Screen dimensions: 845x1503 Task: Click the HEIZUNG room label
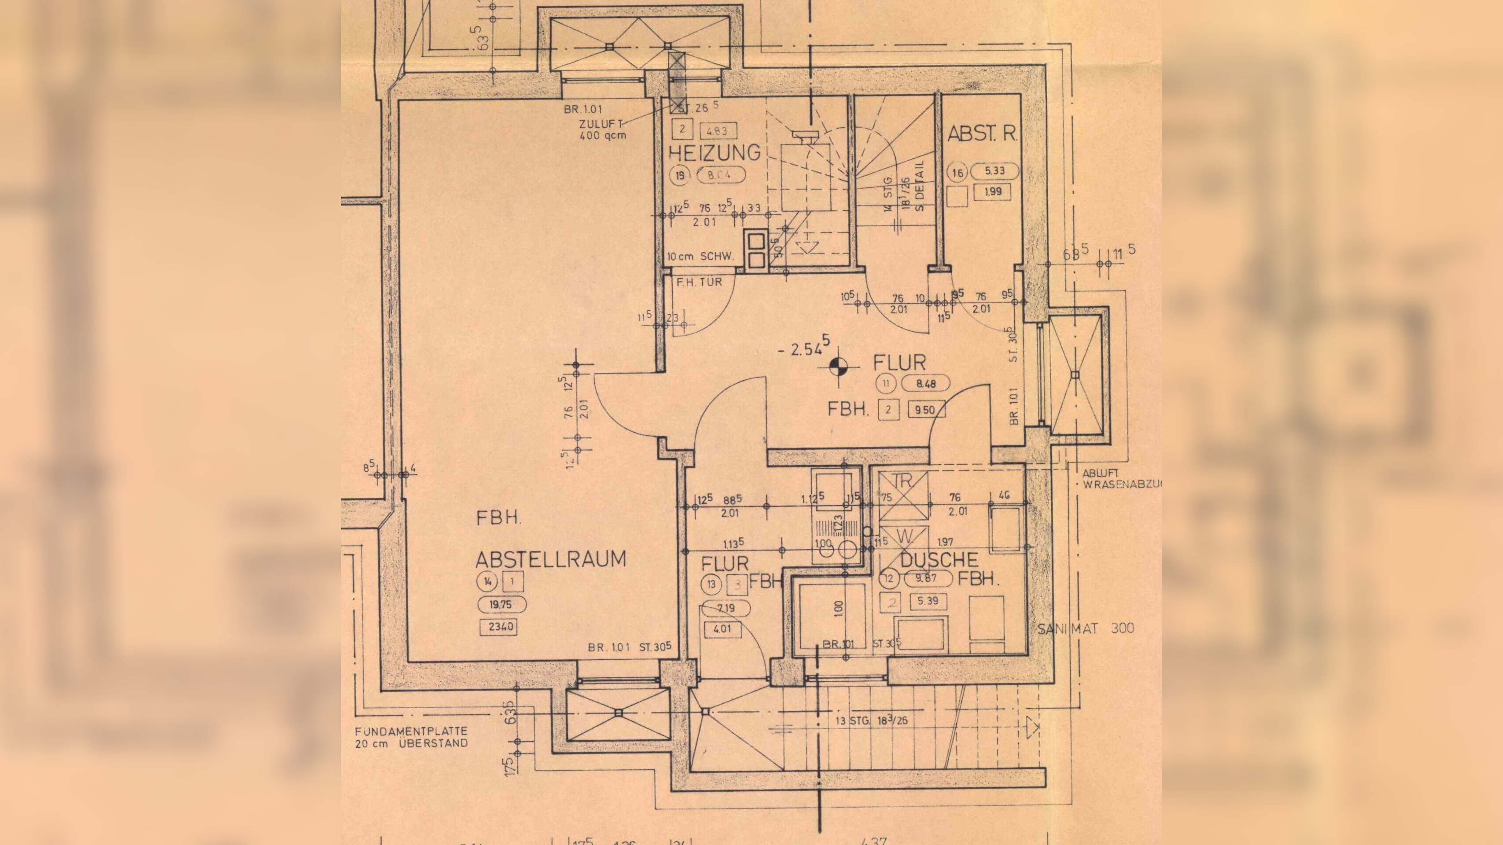(x=714, y=153)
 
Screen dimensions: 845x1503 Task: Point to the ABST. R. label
(x=982, y=134)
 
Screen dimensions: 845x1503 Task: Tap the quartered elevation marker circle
(x=840, y=366)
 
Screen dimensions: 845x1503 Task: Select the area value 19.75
(x=501, y=605)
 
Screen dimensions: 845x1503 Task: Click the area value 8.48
(x=925, y=384)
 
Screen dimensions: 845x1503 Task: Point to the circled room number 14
(x=486, y=581)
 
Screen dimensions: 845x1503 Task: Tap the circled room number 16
(x=958, y=173)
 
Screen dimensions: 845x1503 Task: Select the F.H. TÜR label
(x=699, y=282)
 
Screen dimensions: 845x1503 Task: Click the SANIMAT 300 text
(x=1086, y=628)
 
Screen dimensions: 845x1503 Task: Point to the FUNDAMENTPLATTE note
(x=411, y=737)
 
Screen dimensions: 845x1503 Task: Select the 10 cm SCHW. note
(x=700, y=257)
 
